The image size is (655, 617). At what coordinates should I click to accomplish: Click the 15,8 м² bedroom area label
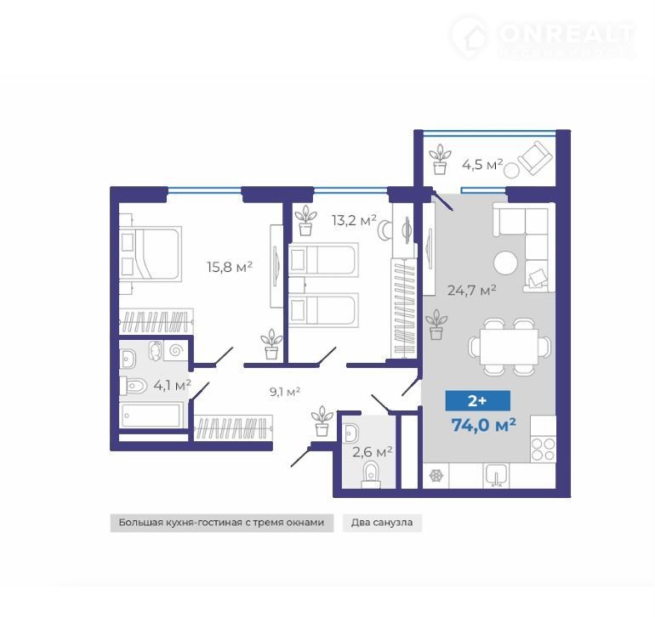[x=230, y=267]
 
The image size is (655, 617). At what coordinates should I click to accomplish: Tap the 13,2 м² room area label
[x=354, y=220]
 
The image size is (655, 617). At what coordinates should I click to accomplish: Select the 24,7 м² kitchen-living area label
[x=471, y=290]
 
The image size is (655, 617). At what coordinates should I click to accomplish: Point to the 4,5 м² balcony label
[x=482, y=165]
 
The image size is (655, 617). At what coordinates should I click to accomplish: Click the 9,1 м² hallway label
[x=285, y=392]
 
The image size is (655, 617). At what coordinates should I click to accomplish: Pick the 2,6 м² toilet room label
[x=373, y=451]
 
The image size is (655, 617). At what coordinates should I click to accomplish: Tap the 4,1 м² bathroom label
[x=172, y=385]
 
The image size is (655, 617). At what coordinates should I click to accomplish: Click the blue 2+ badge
[x=477, y=401]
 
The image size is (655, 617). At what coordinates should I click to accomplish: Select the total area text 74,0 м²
[x=483, y=426]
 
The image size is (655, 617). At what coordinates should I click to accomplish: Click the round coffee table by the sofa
[x=505, y=263]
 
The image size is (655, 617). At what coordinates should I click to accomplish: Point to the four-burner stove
[x=543, y=450]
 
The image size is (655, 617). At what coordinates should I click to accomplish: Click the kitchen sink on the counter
[x=496, y=475]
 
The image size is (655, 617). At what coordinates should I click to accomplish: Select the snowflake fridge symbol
[x=436, y=475]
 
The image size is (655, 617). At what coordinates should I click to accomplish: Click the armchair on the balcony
[x=535, y=159]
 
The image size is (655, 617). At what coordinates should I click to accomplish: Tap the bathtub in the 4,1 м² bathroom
[x=151, y=415]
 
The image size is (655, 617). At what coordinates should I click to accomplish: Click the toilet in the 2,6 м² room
[x=371, y=477]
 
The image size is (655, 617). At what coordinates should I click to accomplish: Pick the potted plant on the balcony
[x=440, y=159]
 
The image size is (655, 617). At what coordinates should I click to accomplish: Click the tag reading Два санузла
[x=382, y=523]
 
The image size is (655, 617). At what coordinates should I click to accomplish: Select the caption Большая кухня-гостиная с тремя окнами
[x=221, y=523]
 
